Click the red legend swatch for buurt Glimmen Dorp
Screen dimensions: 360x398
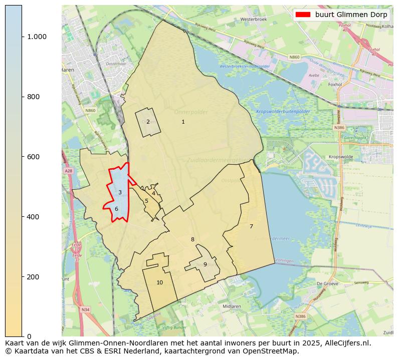coord(303,15)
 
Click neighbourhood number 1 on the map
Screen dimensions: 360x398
coord(183,122)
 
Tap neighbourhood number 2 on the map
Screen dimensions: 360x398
coord(148,122)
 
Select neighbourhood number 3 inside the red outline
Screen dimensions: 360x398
coord(120,192)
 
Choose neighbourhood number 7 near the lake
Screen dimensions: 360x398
coord(251,226)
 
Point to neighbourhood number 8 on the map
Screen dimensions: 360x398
coord(192,239)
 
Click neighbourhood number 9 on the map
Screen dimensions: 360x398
coord(205,264)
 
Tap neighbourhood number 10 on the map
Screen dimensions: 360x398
coord(159,282)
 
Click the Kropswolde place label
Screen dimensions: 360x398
coord(340,157)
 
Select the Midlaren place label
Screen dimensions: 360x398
coord(232,306)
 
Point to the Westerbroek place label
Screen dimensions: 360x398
coord(252,20)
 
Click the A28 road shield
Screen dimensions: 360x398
coord(68,171)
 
